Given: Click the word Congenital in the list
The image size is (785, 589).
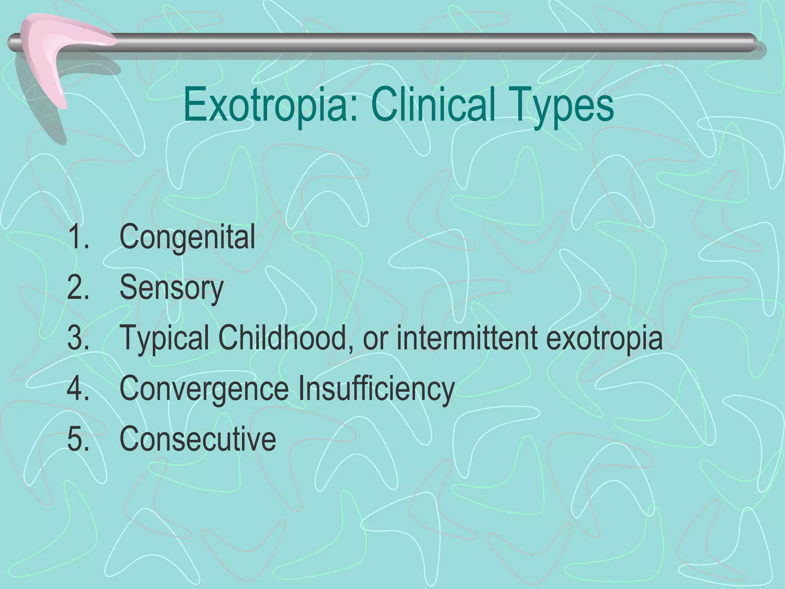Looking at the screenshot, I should [187, 237].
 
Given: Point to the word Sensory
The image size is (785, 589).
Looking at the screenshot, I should [171, 288].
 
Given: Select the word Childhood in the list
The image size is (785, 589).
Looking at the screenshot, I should [283, 337].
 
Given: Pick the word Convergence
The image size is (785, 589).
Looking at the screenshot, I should [204, 388].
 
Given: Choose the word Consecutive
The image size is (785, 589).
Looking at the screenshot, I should [198, 439].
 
